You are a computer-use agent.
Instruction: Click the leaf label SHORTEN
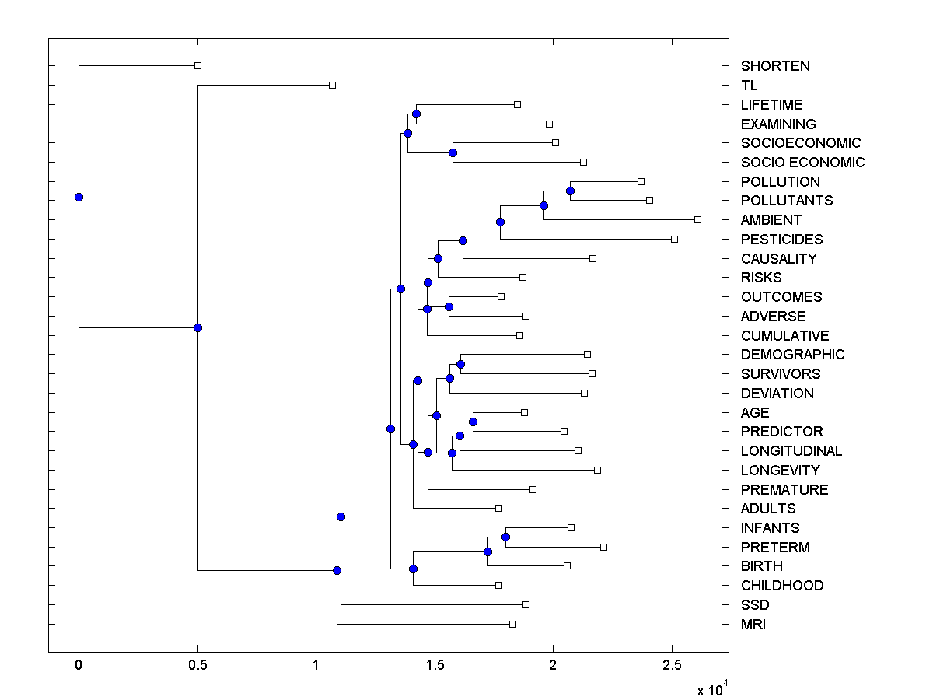point(775,66)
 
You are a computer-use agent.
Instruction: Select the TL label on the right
point(749,86)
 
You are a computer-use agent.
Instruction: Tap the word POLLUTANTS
point(786,201)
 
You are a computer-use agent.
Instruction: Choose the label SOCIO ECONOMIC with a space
point(802,163)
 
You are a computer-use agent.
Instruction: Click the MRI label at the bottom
point(753,624)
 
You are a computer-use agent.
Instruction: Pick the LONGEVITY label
point(780,470)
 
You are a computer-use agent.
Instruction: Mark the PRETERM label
point(775,547)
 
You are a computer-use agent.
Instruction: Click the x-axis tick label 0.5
point(197,666)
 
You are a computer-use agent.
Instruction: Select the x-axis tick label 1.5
point(435,666)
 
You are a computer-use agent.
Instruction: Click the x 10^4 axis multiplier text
point(711,688)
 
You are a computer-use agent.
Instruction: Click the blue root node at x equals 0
point(79,197)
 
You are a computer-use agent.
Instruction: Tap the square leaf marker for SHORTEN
point(197,65)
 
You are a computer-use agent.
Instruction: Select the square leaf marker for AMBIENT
point(697,219)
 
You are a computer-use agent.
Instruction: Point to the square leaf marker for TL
point(332,85)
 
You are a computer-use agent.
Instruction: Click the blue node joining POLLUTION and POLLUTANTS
point(570,191)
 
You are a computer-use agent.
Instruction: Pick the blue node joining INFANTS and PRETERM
point(505,537)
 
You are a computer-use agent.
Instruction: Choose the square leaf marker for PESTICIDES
point(674,239)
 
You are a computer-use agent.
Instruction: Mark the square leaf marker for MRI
point(512,624)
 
